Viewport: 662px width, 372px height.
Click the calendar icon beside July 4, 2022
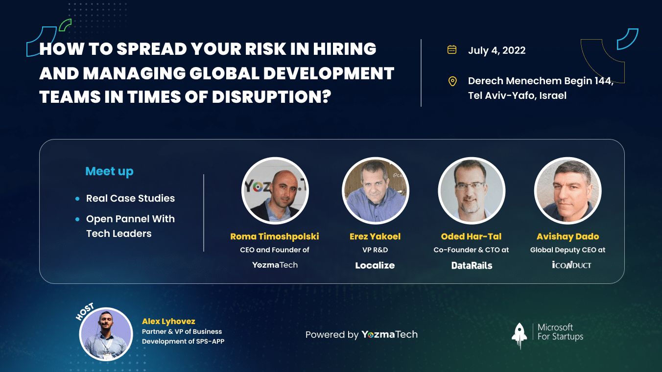(452, 49)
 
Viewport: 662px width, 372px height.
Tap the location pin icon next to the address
(452, 81)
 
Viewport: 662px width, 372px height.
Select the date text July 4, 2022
(497, 50)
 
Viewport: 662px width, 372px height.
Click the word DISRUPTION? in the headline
(272, 96)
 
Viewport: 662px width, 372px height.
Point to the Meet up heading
(109, 171)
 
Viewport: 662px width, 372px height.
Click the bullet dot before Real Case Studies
(77, 199)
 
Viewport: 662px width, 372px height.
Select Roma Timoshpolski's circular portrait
(275, 190)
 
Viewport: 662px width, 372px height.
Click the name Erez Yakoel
(375, 236)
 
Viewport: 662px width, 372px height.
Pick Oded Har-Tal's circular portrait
(472, 190)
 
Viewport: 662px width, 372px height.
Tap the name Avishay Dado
(567, 236)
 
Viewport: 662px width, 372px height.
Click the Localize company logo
(375, 265)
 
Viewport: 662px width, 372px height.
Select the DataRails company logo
(472, 265)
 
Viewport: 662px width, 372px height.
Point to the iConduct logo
(571, 265)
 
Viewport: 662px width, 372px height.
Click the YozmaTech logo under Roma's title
(275, 265)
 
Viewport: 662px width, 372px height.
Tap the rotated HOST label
(85, 311)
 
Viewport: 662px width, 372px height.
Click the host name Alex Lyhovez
(168, 322)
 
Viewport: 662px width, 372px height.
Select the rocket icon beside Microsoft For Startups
(519, 336)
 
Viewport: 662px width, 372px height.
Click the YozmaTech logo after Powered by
(390, 334)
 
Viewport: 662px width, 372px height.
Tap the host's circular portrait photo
(106, 334)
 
